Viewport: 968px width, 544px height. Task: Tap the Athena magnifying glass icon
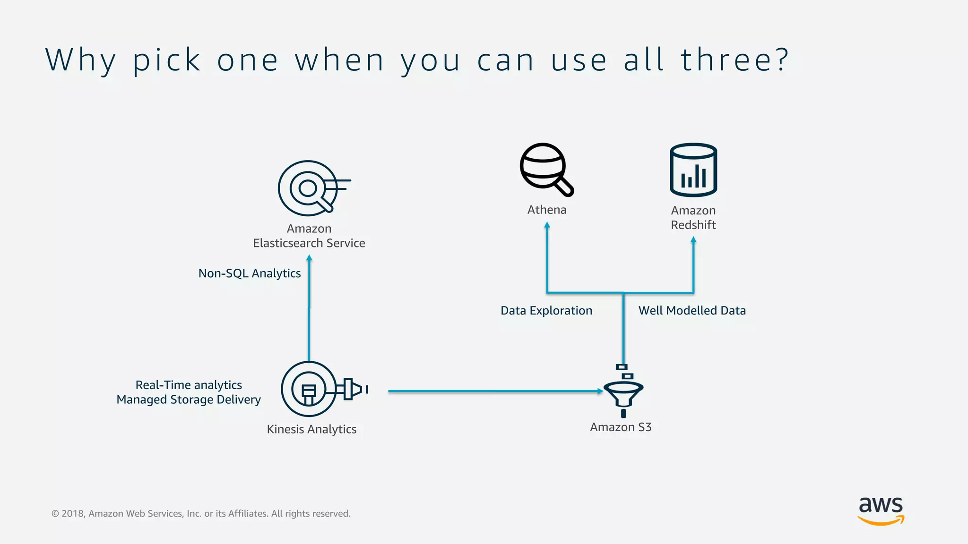click(545, 169)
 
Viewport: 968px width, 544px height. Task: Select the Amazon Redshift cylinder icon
click(693, 170)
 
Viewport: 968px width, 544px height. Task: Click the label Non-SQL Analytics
click(249, 273)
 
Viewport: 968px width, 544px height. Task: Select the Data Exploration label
click(546, 311)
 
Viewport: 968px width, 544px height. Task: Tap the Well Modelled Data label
click(692, 311)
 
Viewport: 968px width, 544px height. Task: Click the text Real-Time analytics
click(189, 385)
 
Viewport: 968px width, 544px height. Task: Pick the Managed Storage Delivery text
click(189, 399)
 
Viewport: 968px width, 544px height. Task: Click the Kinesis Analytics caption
click(311, 429)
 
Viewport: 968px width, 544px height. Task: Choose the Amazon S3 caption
click(621, 427)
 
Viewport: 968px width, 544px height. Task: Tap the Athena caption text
click(546, 210)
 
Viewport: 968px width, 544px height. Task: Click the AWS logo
click(881, 510)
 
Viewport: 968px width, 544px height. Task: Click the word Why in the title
click(80, 60)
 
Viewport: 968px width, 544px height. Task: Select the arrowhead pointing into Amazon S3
click(600, 391)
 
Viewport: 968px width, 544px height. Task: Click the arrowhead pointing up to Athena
click(547, 225)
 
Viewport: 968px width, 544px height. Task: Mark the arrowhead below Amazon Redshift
click(693, 240)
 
